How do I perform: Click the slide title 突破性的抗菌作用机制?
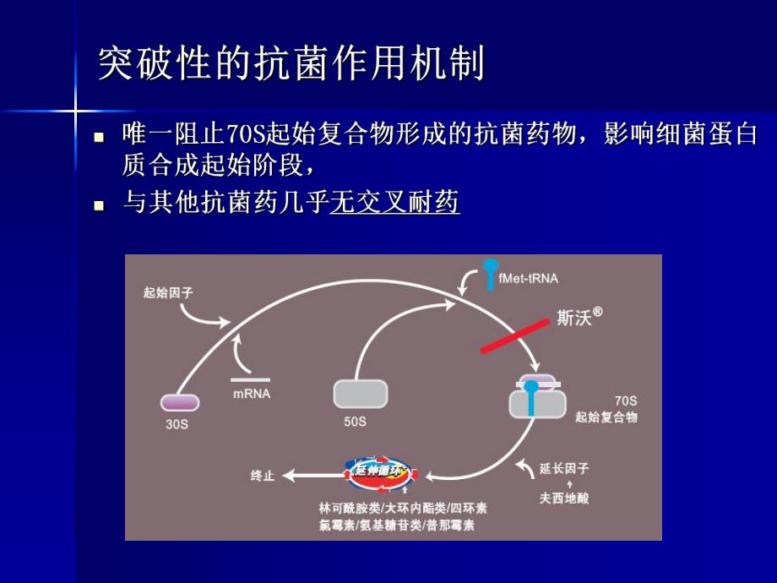click(291, 63)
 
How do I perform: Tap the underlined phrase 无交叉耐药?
click(394, 203)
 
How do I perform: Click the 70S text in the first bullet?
click(247, 133)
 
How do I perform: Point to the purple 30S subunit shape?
click(180, 403)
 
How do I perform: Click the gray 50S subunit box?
click(361, 394)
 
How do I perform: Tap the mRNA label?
click(252, 394)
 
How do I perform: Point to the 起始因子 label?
click(166, 293)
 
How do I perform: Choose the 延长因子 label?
click(564, 468)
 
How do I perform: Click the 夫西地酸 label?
click(564, 498)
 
